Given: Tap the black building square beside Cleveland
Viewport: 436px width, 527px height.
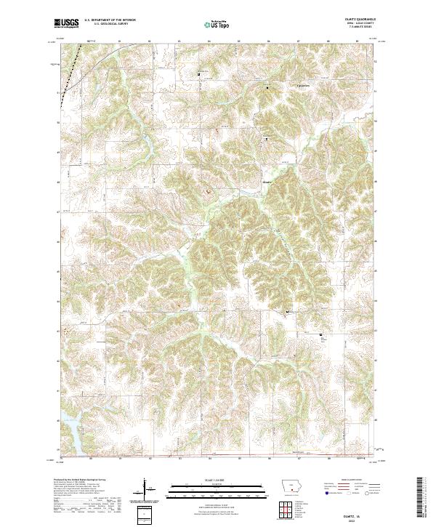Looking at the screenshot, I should [x=267, y=88].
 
